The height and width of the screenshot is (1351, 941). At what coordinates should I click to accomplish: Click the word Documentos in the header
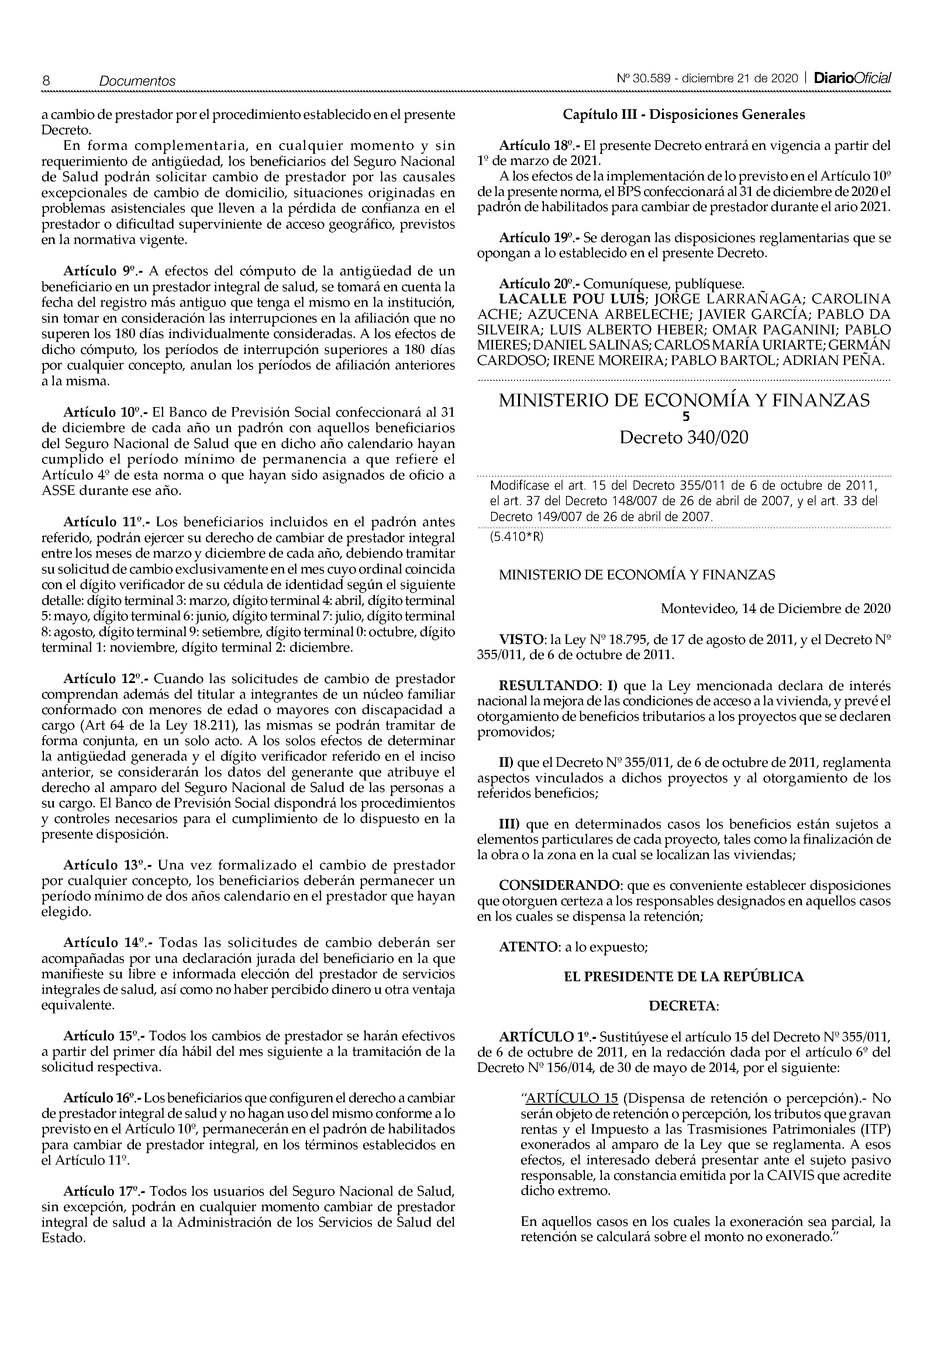[x=137, y=81]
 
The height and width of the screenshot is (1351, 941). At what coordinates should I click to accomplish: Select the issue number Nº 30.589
[x=645, y=78]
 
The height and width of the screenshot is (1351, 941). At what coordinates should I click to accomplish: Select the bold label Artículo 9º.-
[x=104, y=271]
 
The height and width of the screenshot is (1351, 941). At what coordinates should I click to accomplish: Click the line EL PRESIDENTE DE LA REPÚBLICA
[x=684, y=977]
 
